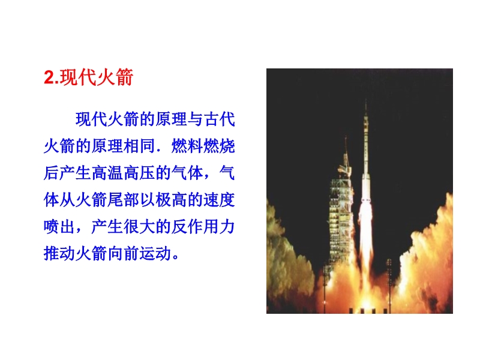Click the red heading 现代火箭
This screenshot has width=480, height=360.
click(97, 77)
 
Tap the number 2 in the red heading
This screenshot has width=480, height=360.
click(49, 77)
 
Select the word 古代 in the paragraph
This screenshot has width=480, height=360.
click(220, 119)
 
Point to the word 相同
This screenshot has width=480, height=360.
click(139, 146)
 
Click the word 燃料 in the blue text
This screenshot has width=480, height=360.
click(187, 146)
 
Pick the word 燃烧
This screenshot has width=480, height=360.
click(219, 146)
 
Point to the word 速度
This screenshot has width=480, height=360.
click(219, 200)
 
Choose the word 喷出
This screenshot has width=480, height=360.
click(59, 227)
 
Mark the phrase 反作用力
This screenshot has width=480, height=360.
click(203, 227)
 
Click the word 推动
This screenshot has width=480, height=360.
click(59, 254)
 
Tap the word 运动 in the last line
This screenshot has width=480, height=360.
click(155, 254)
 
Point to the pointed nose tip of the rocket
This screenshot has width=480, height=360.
click(365, 99)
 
